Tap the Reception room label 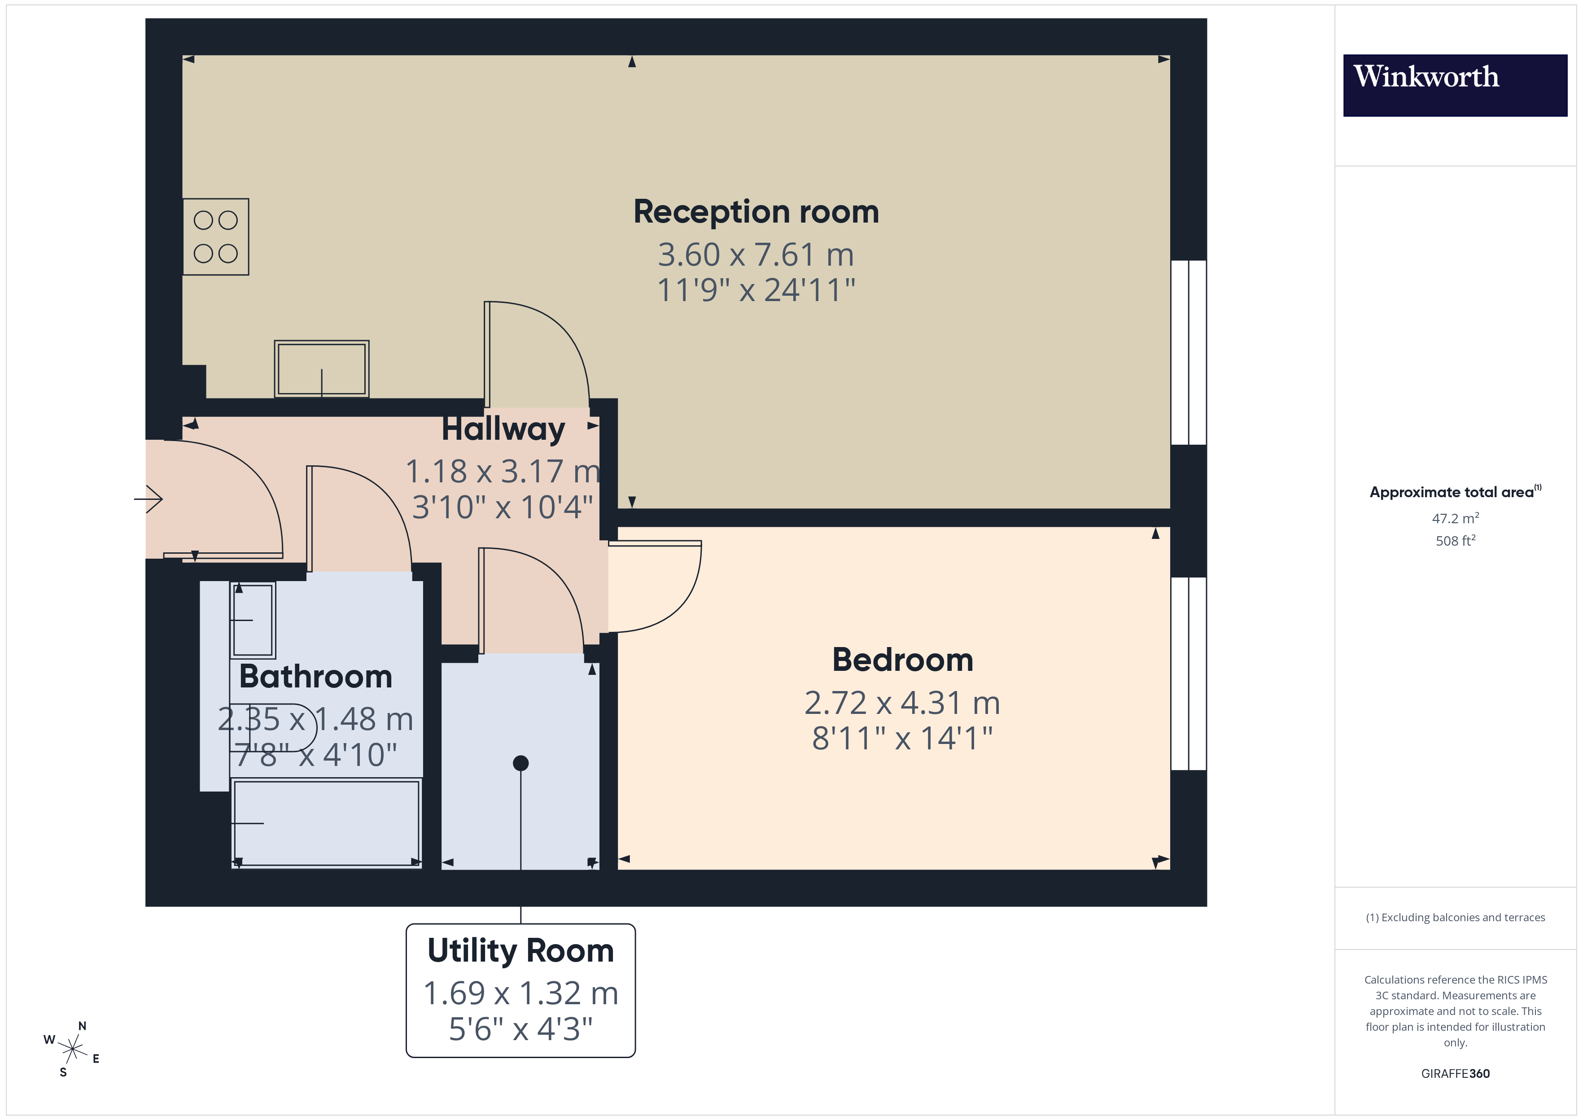(756, 212)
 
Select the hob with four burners (216, 236)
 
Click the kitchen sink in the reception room (321, 369)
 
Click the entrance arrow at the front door (148, 499)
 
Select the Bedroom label (902, 660)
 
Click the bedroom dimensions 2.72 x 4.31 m (902, 703)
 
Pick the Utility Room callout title (520, 950)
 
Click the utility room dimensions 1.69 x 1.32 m (520, 993)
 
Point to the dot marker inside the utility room (520, 763)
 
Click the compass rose (72, 1050)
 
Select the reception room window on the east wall (1188, 352)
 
